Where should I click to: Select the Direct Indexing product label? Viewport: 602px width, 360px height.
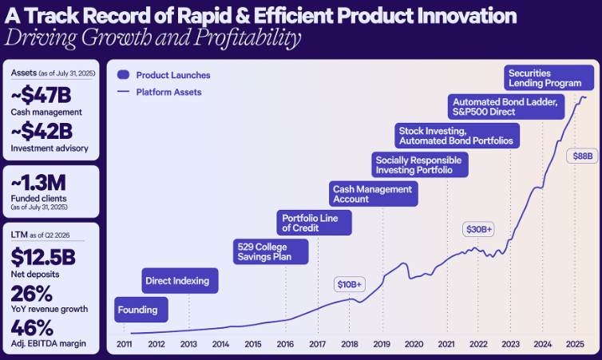(x=176, y=281)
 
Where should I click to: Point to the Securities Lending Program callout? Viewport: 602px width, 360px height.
(x=550, y=77)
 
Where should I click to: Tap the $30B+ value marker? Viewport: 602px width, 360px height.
(x=480, y=229)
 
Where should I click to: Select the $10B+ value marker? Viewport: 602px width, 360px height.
(x=349, y=283)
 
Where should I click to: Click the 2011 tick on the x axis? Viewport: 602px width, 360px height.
(x=125, y=343)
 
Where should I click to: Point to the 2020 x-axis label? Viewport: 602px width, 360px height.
(x=414, y=343)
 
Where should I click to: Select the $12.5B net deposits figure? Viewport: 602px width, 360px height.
(x=44, y=257)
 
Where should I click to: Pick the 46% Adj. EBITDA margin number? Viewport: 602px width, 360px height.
(x=33, y=328)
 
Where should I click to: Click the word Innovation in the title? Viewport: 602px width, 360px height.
(x=453, y=17)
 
